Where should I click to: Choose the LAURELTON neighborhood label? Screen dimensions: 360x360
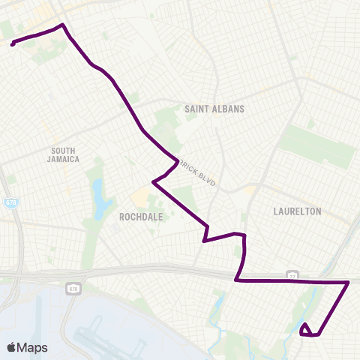pyautogui.click(x=298, y=211)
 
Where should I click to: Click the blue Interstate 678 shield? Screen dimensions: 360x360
pyautogui.click(x=10, y=203)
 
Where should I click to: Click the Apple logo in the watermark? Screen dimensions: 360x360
pyautogui.click(x=11, y=346)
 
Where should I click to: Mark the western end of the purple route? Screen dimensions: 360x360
pyautogui.click(x=13, y=44)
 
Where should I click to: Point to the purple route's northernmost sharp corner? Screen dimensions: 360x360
pyautogui.click(x=62, y=25)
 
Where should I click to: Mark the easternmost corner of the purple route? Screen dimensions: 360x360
pyautogui.click(x=349, y=283)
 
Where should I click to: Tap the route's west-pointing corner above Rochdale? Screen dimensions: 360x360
pyautogui.click(x=153, y=181)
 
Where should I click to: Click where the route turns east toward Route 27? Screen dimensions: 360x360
pyautogui.click(x=236, y=280)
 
